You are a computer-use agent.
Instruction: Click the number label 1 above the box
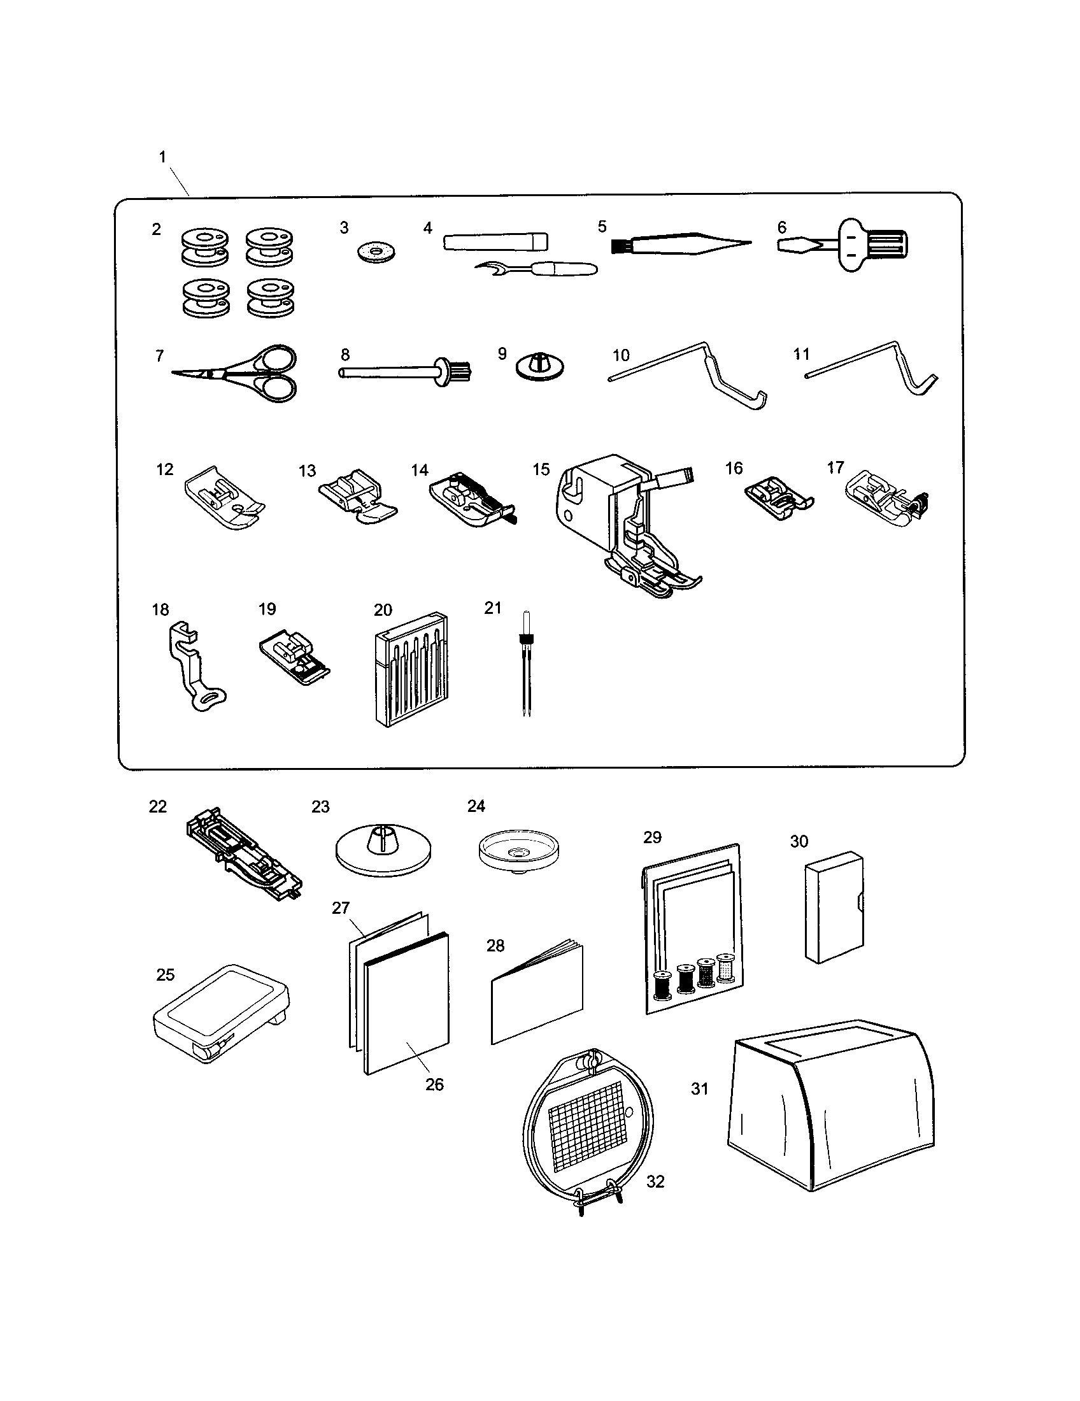(162, 157)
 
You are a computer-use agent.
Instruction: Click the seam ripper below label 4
(539, 269)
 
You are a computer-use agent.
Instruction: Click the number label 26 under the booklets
(434, 1084)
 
